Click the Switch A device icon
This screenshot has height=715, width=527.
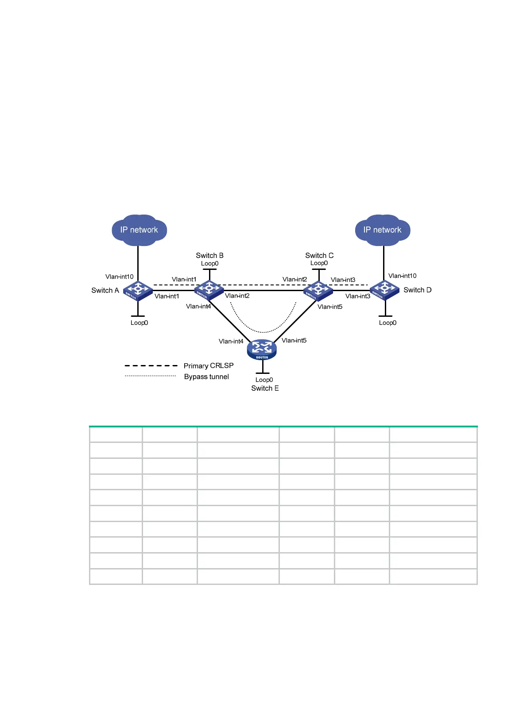click(138, 290)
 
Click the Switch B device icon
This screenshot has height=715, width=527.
click(209, 290)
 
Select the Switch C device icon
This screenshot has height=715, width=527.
click(318, 290)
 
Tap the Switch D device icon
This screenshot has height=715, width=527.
click(384, 290)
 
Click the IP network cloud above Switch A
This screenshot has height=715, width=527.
click(139, 230)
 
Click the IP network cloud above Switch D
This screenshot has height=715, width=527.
click(383, 230)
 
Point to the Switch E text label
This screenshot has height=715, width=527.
click(265, 388)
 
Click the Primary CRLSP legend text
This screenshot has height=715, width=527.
click(209, 365)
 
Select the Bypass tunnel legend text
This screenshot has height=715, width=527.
click(206, 377)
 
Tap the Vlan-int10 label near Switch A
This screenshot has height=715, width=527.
click(119, 277)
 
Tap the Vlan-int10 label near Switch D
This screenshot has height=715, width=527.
click(402, 276)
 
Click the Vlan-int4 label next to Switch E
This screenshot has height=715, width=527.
click(231, 341)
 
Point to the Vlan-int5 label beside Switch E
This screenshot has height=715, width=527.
click(294, 340)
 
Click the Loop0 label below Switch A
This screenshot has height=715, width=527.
click(139, 323)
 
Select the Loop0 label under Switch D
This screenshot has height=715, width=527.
click(387, 323)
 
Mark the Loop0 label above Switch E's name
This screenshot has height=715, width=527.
click(264, 380)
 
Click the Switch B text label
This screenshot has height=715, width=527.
click(209, 255)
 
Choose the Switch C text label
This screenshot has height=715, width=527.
click(319, 255)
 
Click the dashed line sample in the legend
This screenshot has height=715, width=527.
click(151, 365)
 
